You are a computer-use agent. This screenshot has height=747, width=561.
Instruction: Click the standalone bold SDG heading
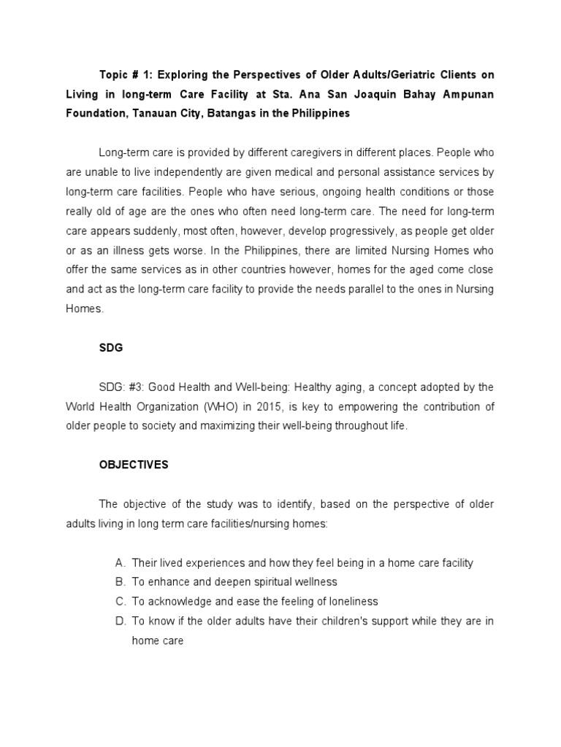coord(111,348)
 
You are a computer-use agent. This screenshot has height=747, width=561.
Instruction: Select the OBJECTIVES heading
coord(134,465)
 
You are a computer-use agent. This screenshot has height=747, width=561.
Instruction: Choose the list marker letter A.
coord(120,562)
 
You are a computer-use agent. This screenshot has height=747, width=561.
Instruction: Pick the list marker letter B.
coord(120,582)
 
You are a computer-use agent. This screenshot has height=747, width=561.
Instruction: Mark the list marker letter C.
coord(120,601)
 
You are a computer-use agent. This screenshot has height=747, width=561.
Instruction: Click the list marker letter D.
coord(120,621)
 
